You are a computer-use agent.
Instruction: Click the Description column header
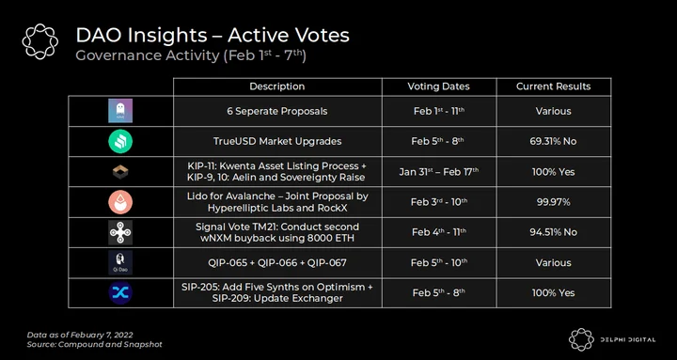[277, 86]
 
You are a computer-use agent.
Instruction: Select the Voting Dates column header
[439, 86]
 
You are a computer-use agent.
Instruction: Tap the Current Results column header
[554, 86]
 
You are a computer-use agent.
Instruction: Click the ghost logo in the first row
[120, 111]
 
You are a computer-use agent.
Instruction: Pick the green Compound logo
[120, 141]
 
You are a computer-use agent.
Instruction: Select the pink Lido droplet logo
[120, 202]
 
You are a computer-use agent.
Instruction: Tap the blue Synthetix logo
[120, 292]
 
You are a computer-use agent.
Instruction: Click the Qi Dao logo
[120, 262]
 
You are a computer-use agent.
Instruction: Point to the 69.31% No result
[554, 142]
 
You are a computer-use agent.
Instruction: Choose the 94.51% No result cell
[554, 232]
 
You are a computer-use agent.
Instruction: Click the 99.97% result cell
[554, 202]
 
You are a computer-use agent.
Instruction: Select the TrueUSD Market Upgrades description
[277, 142]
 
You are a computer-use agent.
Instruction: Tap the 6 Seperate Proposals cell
[277, 111]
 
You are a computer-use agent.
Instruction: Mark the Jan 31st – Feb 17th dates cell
[439, 171]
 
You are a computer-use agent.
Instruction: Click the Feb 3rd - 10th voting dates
[439, 202]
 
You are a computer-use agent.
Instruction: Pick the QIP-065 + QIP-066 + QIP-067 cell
[277, 262]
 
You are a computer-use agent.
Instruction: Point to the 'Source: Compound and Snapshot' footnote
[95, 344]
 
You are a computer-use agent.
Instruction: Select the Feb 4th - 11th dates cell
[439, 232]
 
